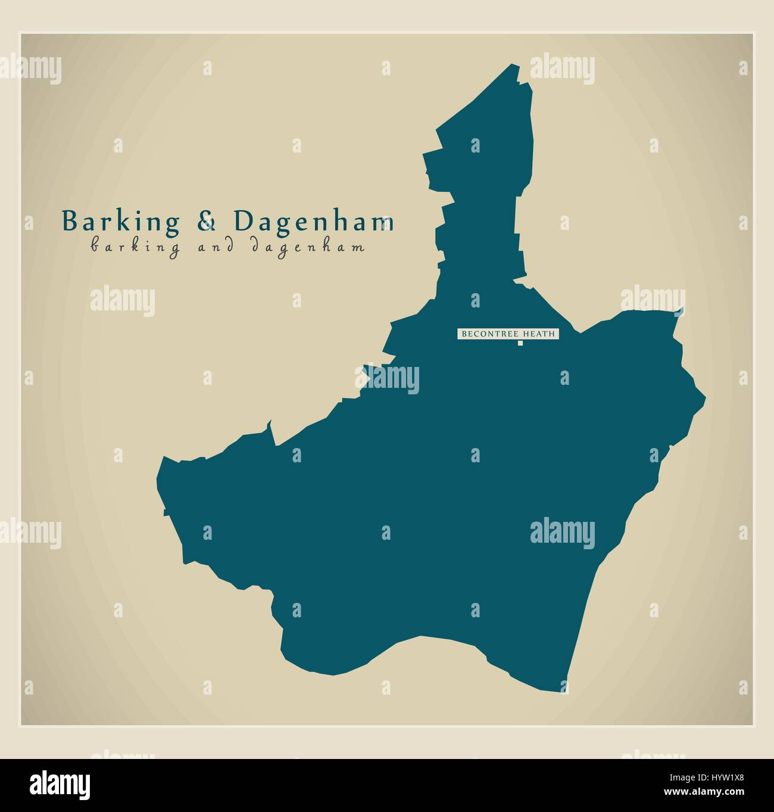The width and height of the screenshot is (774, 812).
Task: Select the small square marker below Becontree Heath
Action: point(519,343)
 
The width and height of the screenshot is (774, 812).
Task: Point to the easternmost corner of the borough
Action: point(705,396)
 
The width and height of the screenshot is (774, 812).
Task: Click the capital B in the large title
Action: point(70,222)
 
